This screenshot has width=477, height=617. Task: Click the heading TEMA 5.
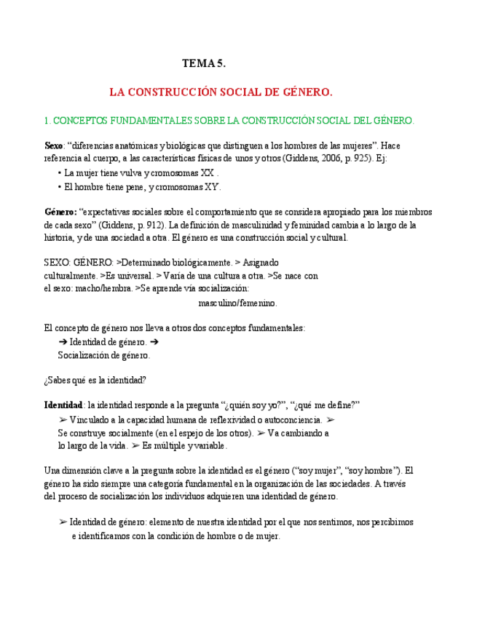click(x=204, y=64)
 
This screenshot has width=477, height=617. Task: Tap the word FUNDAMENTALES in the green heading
click(x=146, y=119)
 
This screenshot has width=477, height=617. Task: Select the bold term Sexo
click(x=54, y=146)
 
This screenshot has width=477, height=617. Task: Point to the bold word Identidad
click(x=63, y=405)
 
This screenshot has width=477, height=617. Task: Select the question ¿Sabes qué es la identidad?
click(x=95, y=379)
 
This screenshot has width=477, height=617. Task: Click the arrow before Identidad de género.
click(x=63, y=341)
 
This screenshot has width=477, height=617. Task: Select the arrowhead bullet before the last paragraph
click(x=63, y=522)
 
